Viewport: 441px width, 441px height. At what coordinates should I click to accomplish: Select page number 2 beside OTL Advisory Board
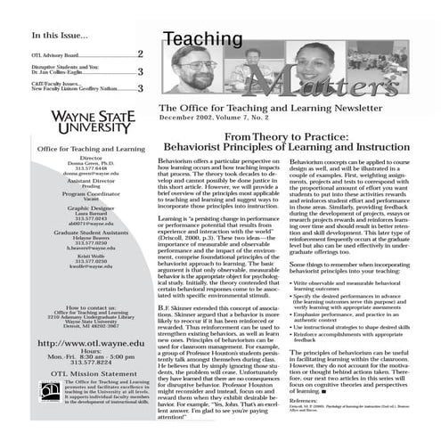140,54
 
